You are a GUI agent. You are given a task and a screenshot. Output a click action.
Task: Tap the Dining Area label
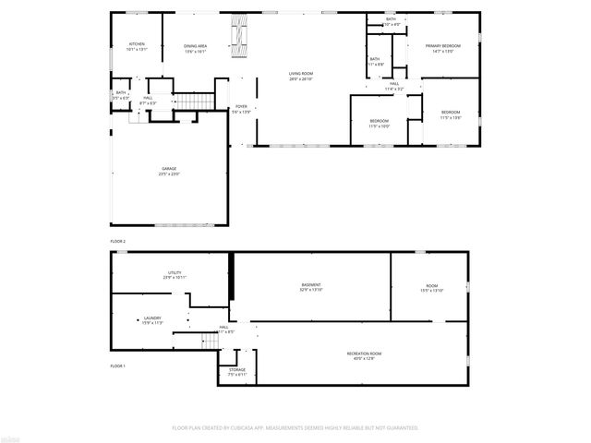click(x=195, y=46)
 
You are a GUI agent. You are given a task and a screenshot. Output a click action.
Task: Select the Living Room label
click(x=300, y=75)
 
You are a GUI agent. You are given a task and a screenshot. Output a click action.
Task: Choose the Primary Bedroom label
click(x=442, y=47)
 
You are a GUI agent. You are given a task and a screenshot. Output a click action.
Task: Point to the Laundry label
click(x=152, y=319)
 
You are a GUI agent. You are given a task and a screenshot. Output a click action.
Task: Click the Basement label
click(x=311, y=286)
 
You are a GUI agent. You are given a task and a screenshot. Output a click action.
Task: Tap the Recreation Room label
click(x=364, y=355)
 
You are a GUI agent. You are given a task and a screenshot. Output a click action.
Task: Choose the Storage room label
click(x=237, y=371)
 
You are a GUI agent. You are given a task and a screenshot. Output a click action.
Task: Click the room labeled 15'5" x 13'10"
click(x=432, y=288)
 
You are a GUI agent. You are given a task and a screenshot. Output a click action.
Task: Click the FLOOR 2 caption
click(x=117, y=241)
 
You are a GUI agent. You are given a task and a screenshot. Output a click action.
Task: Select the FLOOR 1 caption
click(x=117, y=366)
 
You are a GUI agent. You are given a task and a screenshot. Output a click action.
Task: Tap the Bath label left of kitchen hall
click(x=120, y=94)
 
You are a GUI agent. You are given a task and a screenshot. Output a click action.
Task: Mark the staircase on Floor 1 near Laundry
click(x=210, y=341)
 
